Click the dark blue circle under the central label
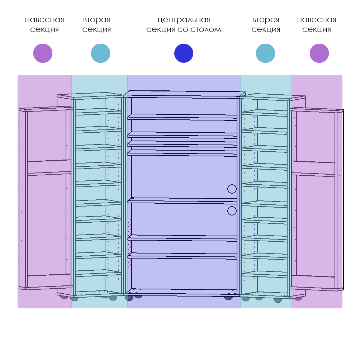pyautogui.click(x=184, y=53)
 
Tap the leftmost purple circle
pyautogui.click(x=43, y=53)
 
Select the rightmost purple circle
pyautogui.click(x=319, y=53)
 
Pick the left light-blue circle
pyautogui.click(x=100, y=53)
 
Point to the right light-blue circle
pyautogui.click(x=265, y=53)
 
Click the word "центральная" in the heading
pyautogui.click(x=184, y=20)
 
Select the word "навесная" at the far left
pyautogui.click(x=44, y=20)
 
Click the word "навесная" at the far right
pyautogui.click(x=317, y=20)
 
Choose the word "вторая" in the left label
pyautogui.click(x=97, y=20)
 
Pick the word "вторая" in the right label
pyautogui.click(x=266, y=20)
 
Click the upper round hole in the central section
pyautogui.click(x=232, y=189)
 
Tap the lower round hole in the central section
pyautogui.click(x=232, y=211)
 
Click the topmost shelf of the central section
pyautogui.click(x=183, y=117)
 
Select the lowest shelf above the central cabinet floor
pyautogui.click(x=183, y=256)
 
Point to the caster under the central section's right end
pyautogui.click(x=228, y=298)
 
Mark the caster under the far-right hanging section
pyautogui.click(x=298, y=298)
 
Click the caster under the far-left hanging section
pyautogui.click(x=64, y=297)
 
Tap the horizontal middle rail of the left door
pyautogui.click(x=49, y=167)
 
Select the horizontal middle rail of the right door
pyautogui.click(x=313, y=169)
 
